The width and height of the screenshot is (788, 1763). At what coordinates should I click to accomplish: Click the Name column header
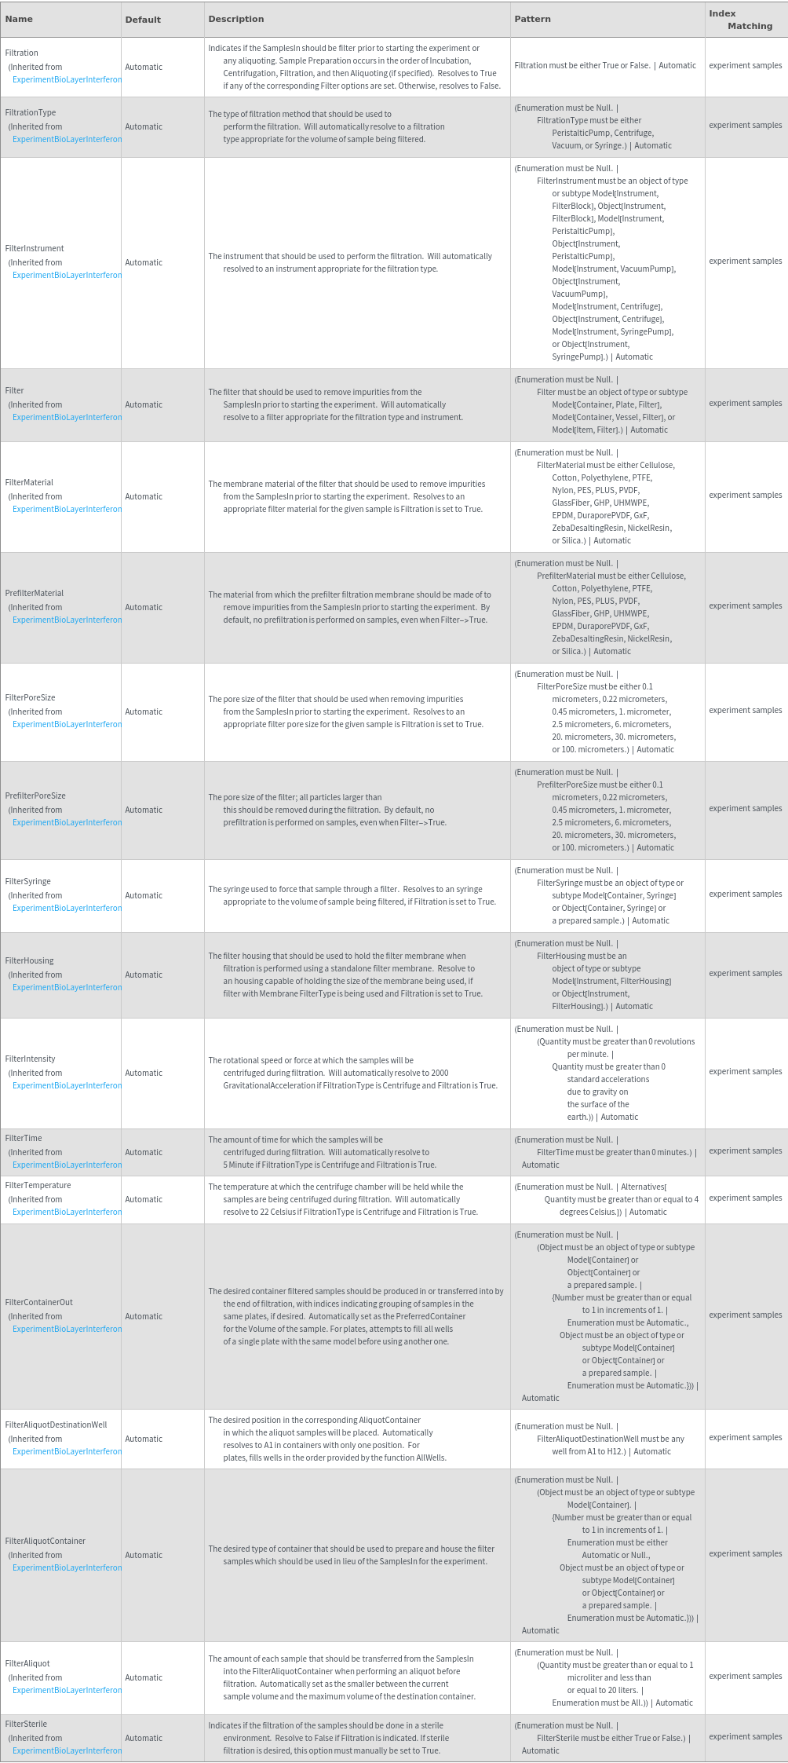19,19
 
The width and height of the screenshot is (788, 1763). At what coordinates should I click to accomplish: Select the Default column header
143,20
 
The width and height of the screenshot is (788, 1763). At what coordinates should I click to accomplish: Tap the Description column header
236,19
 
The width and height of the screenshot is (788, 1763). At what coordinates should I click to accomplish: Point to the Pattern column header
532,19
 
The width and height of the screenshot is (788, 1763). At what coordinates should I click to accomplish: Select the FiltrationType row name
31,112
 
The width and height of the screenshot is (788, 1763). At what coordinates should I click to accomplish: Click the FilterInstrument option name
35,248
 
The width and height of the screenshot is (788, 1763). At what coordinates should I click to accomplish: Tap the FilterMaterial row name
29,482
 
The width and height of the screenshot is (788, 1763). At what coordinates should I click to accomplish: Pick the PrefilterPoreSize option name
35,796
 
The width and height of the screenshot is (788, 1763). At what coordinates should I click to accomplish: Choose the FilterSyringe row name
27,881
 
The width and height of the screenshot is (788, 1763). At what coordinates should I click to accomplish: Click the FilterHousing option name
29,960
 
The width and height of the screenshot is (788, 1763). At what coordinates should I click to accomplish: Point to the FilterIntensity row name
30,1059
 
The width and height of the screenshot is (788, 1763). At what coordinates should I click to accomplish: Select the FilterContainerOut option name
38,1302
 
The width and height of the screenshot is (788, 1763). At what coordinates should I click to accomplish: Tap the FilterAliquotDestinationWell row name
56,1425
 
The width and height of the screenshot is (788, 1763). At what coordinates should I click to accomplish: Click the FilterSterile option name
26,1724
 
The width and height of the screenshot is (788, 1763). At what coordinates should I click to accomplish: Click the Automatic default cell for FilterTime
144,1152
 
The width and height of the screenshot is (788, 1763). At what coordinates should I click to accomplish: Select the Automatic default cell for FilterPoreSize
144,711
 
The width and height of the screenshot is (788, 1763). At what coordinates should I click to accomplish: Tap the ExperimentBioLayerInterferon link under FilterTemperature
67,1212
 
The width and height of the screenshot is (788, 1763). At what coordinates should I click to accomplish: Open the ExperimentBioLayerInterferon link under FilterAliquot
67,1690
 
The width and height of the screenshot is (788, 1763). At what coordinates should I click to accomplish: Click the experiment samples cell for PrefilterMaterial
745,605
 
